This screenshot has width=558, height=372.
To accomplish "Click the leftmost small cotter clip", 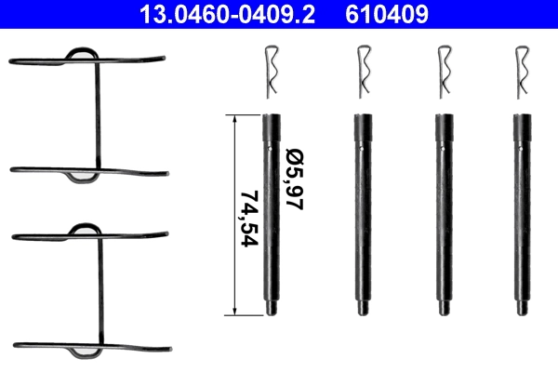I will pyautogui.click(x=271, y=73).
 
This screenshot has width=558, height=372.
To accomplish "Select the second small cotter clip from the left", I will pyautogui.click(x=362, y=73).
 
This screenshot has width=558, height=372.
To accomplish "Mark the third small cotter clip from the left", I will pyautogui.click(x=443, y=73).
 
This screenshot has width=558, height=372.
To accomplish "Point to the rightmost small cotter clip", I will pyautogui.click(x=521, y=73).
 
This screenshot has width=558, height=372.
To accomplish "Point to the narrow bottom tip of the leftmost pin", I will pyautogui.click(x=271, y=309).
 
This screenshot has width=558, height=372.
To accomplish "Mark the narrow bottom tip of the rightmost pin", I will pyautogui.click(x=520, y=309).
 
